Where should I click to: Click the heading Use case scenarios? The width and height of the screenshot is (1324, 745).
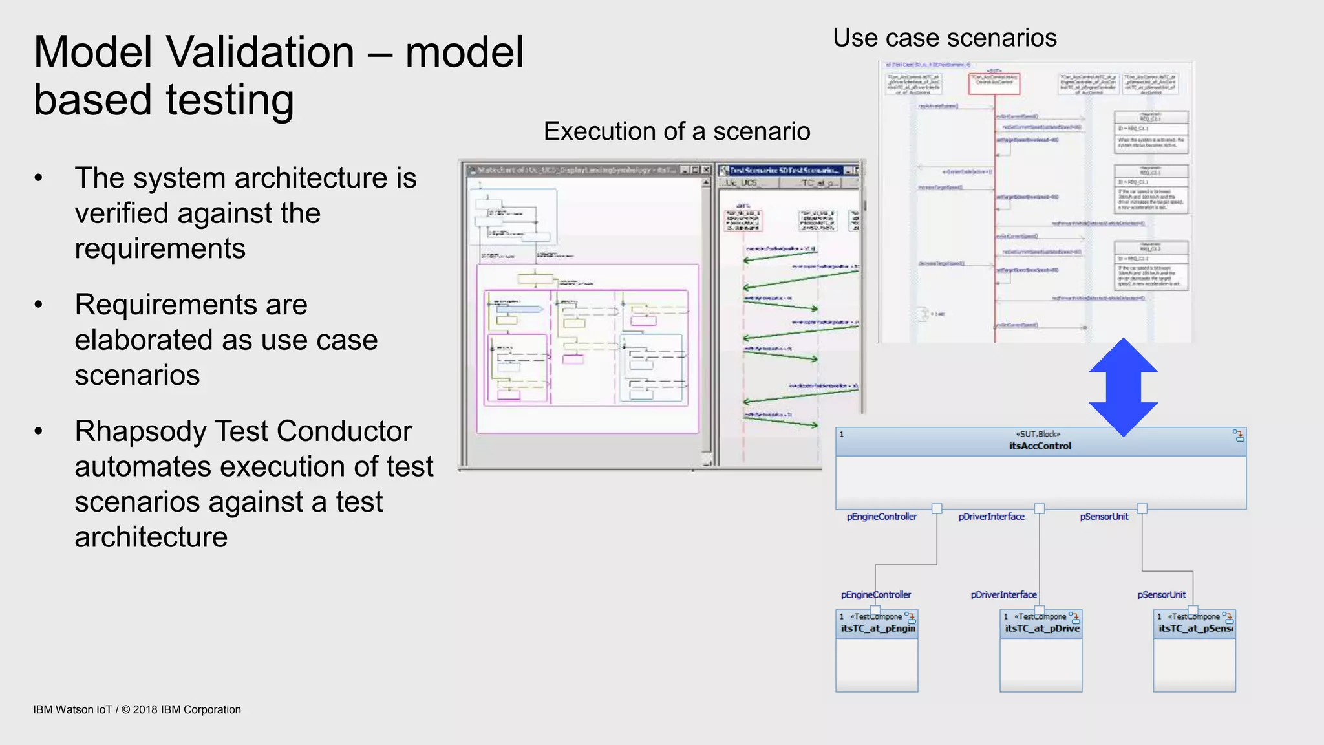(945, 38)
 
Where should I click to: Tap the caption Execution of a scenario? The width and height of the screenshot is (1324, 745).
(676, 131)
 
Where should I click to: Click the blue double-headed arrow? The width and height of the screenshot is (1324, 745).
(1123, 387)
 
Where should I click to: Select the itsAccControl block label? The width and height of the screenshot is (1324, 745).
(1040, 446)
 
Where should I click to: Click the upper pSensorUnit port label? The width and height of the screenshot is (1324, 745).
(1104, 517)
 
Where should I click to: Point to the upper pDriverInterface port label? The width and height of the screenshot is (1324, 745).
(991, 517)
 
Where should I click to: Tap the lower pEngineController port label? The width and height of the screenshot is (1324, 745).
(875, 595)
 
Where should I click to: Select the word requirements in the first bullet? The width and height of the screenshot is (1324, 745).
(160, 249)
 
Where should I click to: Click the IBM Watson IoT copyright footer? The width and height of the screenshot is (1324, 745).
(137, 709)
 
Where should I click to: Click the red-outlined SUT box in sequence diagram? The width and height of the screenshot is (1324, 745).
(994, 83)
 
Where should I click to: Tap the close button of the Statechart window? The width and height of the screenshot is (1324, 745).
(705, 170)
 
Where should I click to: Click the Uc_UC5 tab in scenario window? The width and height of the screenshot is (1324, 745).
(741, 183)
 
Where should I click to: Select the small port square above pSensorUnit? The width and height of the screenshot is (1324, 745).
(1142, 508)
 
